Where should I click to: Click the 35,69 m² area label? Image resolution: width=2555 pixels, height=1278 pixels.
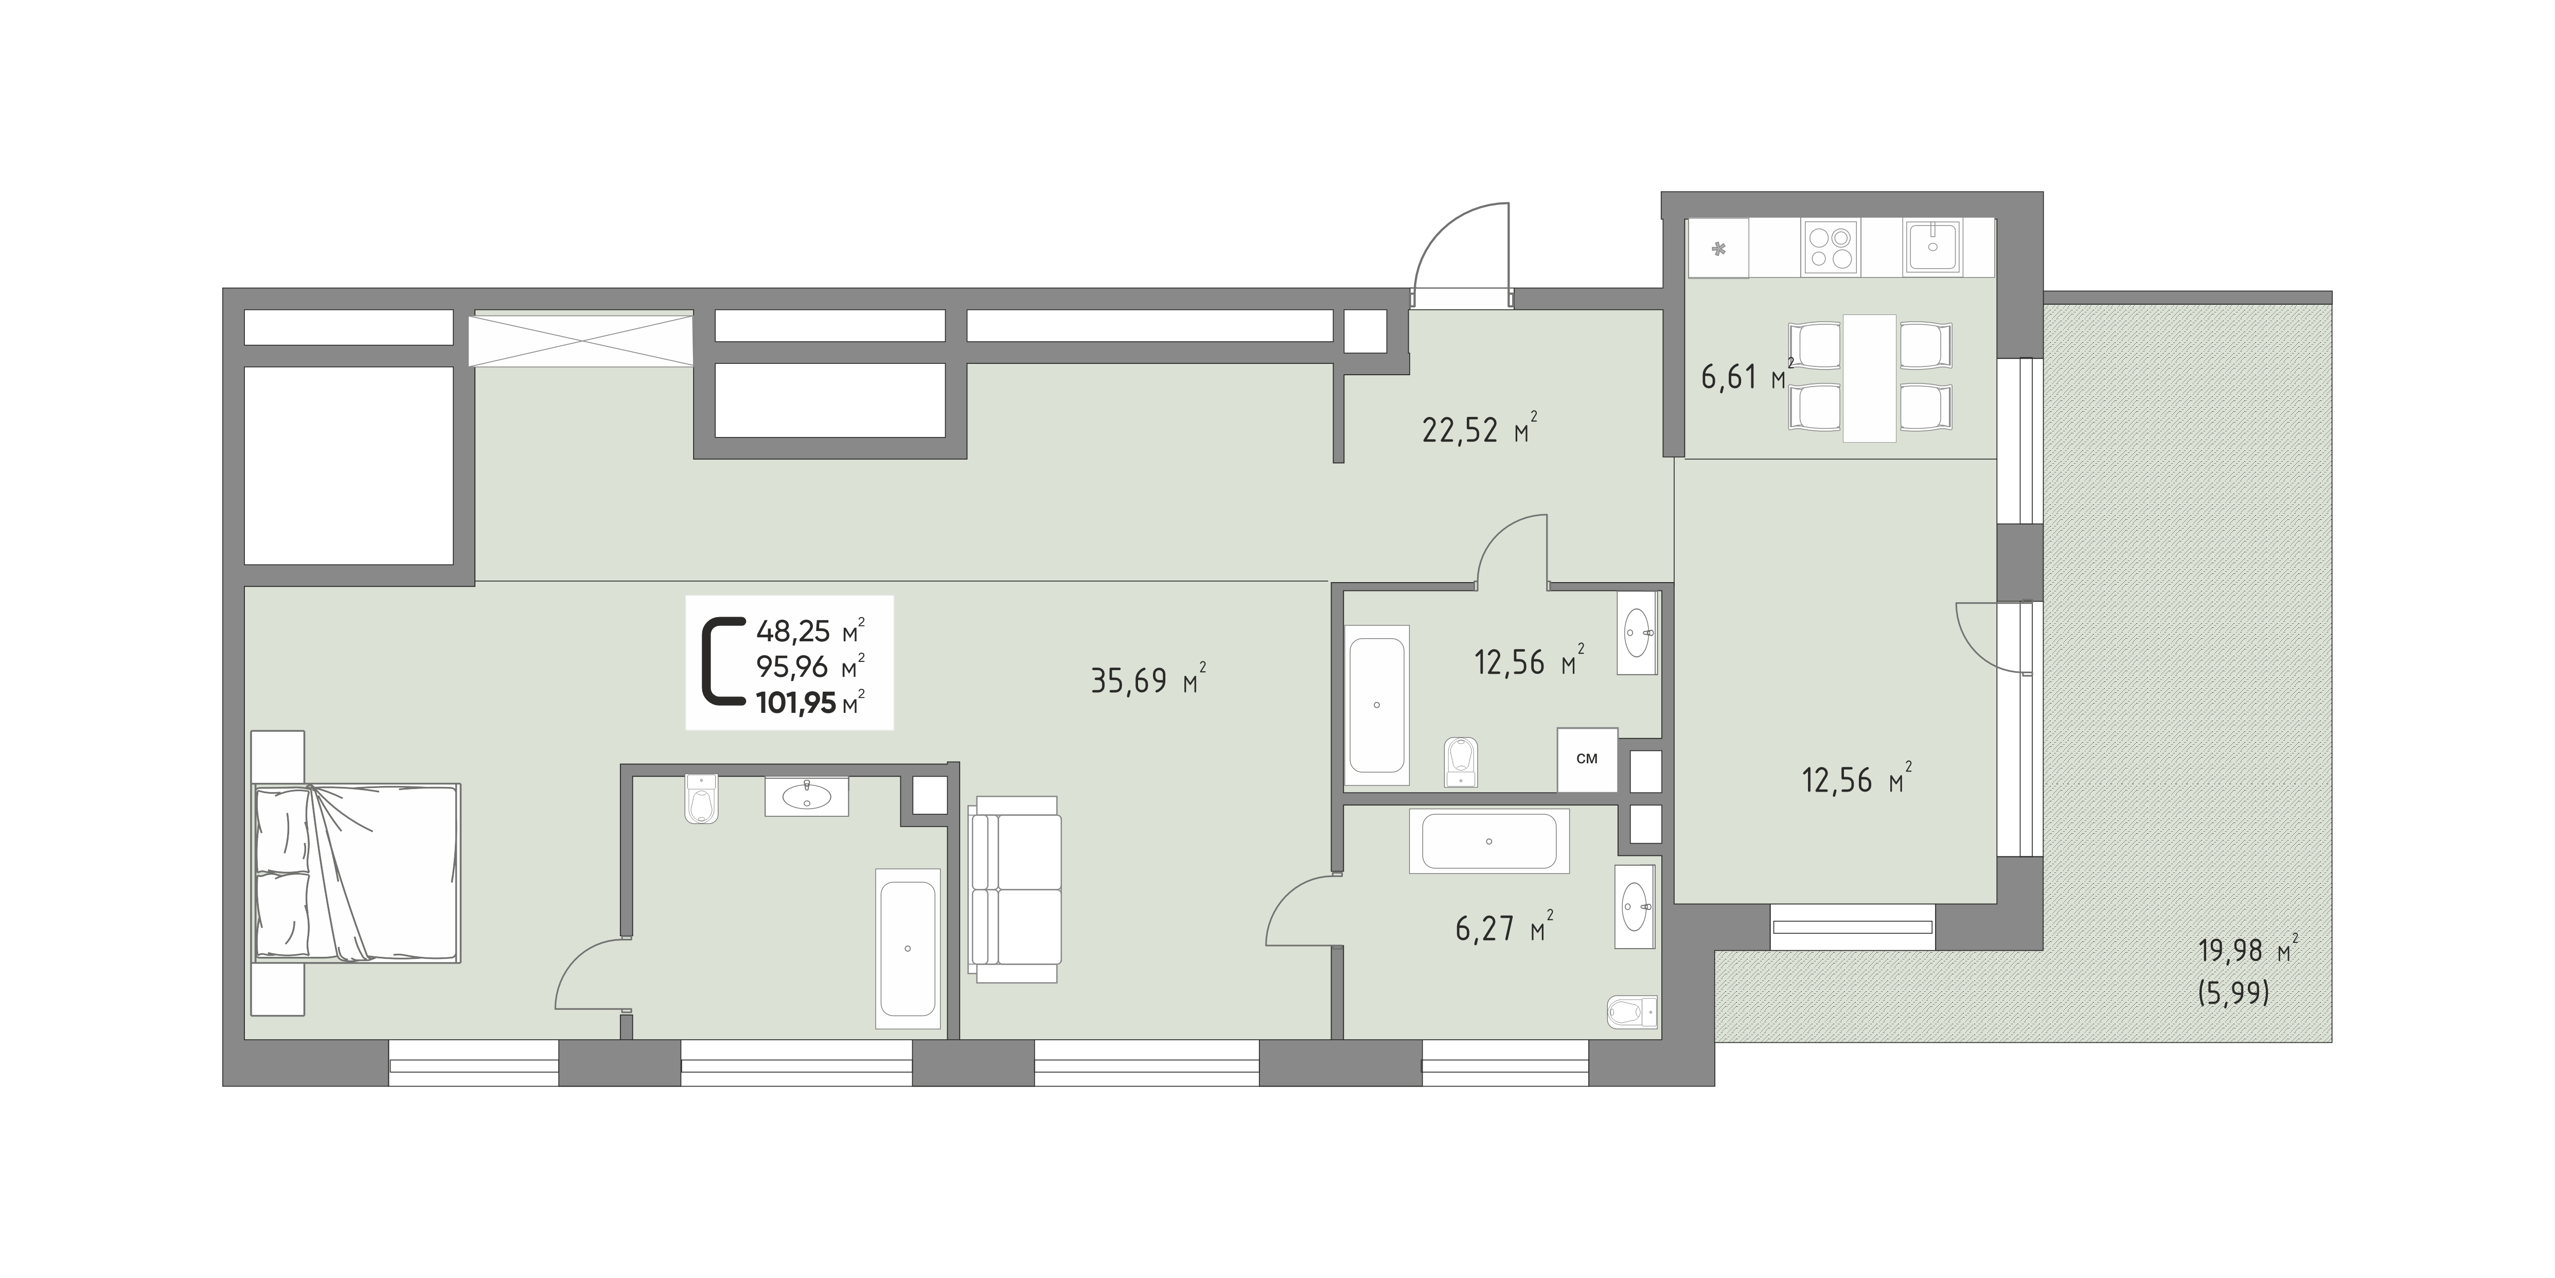coord(1147,680)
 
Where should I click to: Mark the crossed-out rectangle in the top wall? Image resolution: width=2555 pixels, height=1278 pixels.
coord(580,339)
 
